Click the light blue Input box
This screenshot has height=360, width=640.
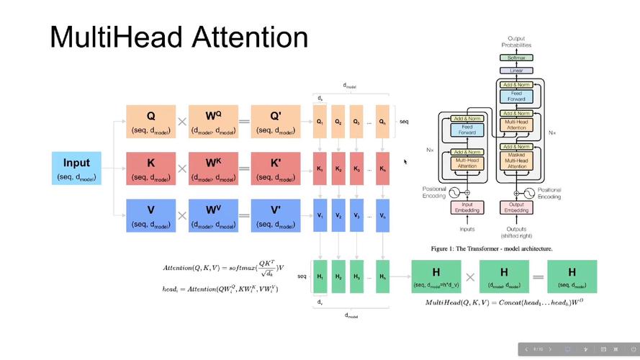[x=76, y=168]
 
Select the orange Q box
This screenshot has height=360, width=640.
[x=150, y=122]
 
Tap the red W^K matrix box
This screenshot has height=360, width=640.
[x=213, y=168]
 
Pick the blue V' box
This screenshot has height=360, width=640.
[x=274, y=215]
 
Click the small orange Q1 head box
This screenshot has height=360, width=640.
[x=319, y=122]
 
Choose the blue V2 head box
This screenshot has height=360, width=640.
[x=338, y=215]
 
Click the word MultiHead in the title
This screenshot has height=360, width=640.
[x=107, y=37]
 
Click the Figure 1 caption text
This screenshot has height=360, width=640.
[x=492, y=248]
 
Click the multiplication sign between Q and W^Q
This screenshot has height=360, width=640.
[x=182, y=122]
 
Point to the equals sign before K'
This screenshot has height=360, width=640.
[x=244, y=168]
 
